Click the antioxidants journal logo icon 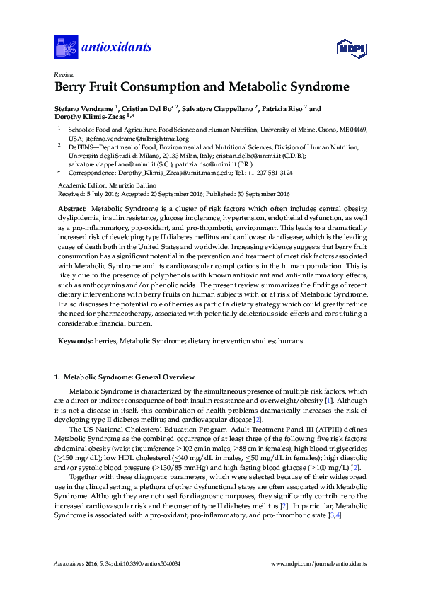tap(66, 47)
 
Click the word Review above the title tap(64, 74)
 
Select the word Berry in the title tap(73, 88)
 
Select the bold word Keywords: tap(76, 340)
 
